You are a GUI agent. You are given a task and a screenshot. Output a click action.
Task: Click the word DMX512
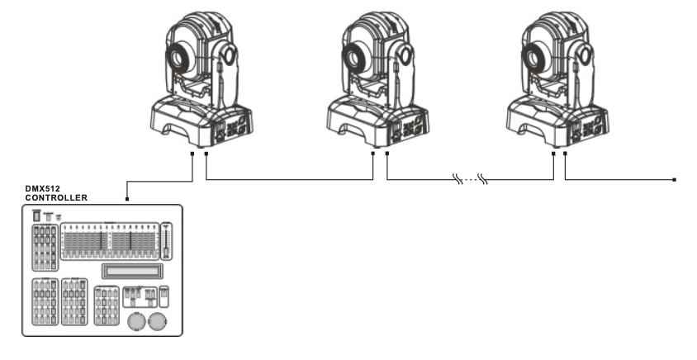[x=42, y=189]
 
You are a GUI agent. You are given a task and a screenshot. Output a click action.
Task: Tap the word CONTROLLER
[x=56, y=198]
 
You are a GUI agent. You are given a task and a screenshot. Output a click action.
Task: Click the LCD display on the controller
[x=130, y=271]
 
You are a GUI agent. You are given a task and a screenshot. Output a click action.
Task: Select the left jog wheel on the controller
[x=136, y=322]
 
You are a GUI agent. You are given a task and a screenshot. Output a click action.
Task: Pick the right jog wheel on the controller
[x=157, y=322]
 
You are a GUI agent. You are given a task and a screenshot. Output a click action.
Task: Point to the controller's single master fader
[x=166, y=240]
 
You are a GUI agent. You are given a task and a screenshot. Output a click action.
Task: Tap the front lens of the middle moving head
[x=355, y=58]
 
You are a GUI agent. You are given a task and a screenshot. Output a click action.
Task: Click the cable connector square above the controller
[x=127, y=199]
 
